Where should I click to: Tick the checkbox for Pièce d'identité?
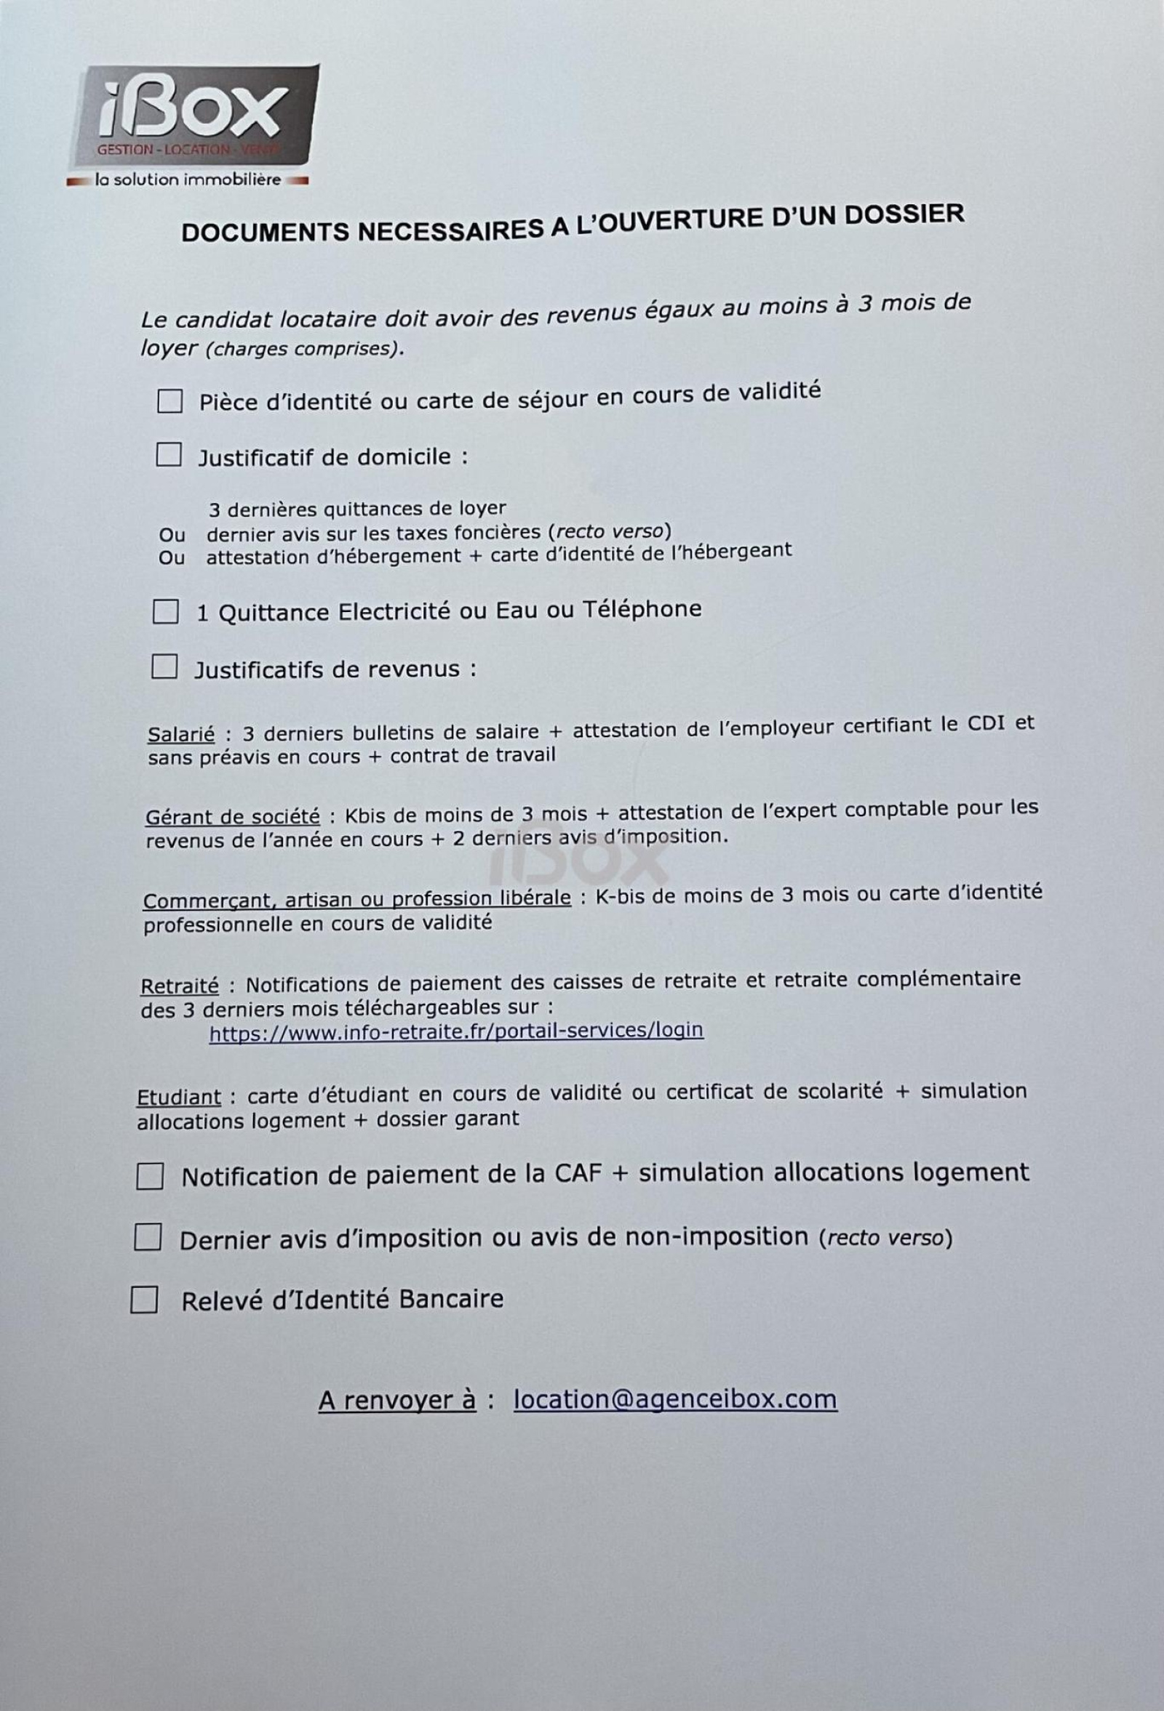pyautogui.click(x=170, y=402)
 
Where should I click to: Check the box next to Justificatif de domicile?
pyautogui.click(x=168, y=456)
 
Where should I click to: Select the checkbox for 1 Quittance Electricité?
pyautogui.click(x=165, y=612)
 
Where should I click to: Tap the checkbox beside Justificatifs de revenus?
pyautogui.click(x=164, y=667)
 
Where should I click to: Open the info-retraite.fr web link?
pyautogui.click(x=456, y=1031)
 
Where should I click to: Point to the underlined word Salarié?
pyautogui.click(x=181, y=734)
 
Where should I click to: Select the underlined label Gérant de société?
pyautogui.click(x=233, y=816)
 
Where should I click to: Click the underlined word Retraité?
pyautogui.click(x=180, y=986)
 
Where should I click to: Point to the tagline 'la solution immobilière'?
pyautogui.click(x=188, y=180)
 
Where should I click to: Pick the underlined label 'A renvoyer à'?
pyautogui.click(x=397, y=1401)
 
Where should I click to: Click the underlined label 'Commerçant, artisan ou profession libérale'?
pyautogui.click(x=356, y=900)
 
